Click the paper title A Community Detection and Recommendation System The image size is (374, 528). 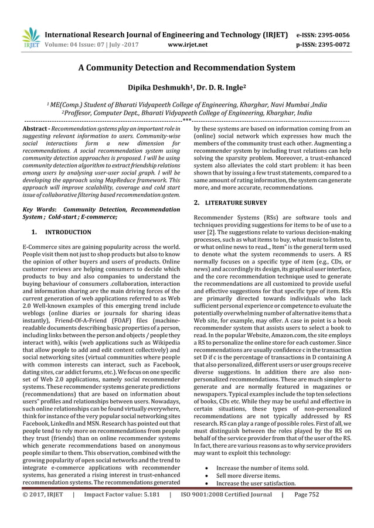coord(186,68)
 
